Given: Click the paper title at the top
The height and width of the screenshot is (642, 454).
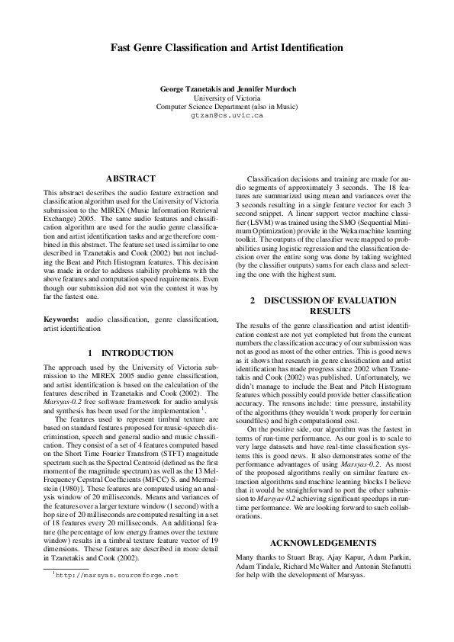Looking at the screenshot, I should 227,47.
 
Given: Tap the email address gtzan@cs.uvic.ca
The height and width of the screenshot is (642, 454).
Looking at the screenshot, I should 227,117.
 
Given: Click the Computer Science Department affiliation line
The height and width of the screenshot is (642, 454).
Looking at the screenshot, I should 227,107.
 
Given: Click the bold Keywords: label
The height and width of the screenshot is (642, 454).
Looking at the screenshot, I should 61,319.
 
